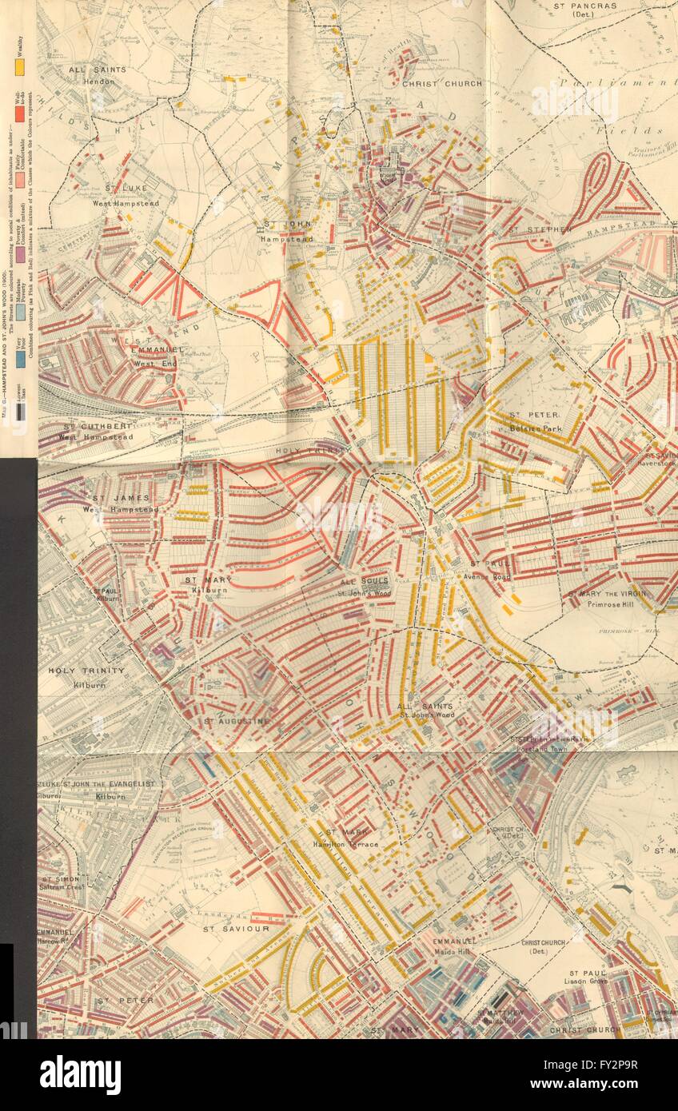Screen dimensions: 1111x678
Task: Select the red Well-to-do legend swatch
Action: tap(20, 113)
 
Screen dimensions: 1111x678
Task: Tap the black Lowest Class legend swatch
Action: tap(20, 412)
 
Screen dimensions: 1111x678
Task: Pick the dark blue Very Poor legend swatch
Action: tap(20, 360)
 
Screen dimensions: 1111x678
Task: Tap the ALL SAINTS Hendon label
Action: tap(97, 75)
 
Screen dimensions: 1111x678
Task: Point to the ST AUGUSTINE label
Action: tap(237, 721)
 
